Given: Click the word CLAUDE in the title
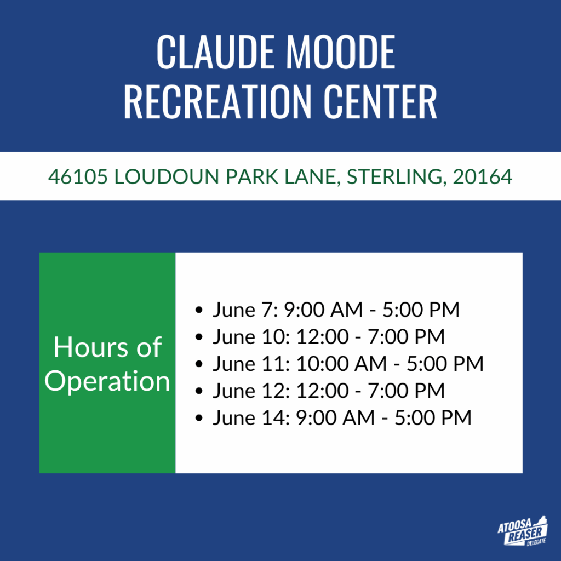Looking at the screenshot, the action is [216, 52].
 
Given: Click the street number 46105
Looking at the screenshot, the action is [78, 177].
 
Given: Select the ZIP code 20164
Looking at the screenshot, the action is [483, 177].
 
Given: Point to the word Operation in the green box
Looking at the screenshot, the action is [107, 381].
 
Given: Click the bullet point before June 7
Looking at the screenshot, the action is [199, 310].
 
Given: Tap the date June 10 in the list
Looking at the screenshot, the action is [251, 337].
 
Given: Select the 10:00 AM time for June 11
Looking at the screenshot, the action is [341, 364].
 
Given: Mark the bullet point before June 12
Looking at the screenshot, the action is [199, 391].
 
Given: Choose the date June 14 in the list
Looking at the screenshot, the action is [251, 418].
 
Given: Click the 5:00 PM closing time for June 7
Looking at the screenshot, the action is [421, 310].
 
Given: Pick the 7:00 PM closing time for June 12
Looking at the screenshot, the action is [407, 390].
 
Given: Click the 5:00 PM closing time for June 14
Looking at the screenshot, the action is [433, 417].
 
